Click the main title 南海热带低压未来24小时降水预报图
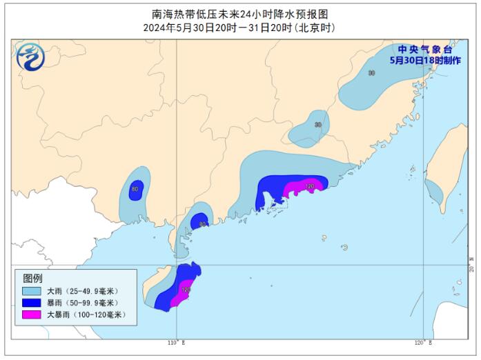(239, 14)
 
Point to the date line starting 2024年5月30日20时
(239, 28)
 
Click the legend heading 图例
(32, 278)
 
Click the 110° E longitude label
(177, 343)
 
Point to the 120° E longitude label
(423, 343)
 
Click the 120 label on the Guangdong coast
(310, 186)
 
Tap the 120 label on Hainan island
(184, 290)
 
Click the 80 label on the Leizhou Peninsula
(202, 224)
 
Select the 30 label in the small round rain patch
(317, 125)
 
